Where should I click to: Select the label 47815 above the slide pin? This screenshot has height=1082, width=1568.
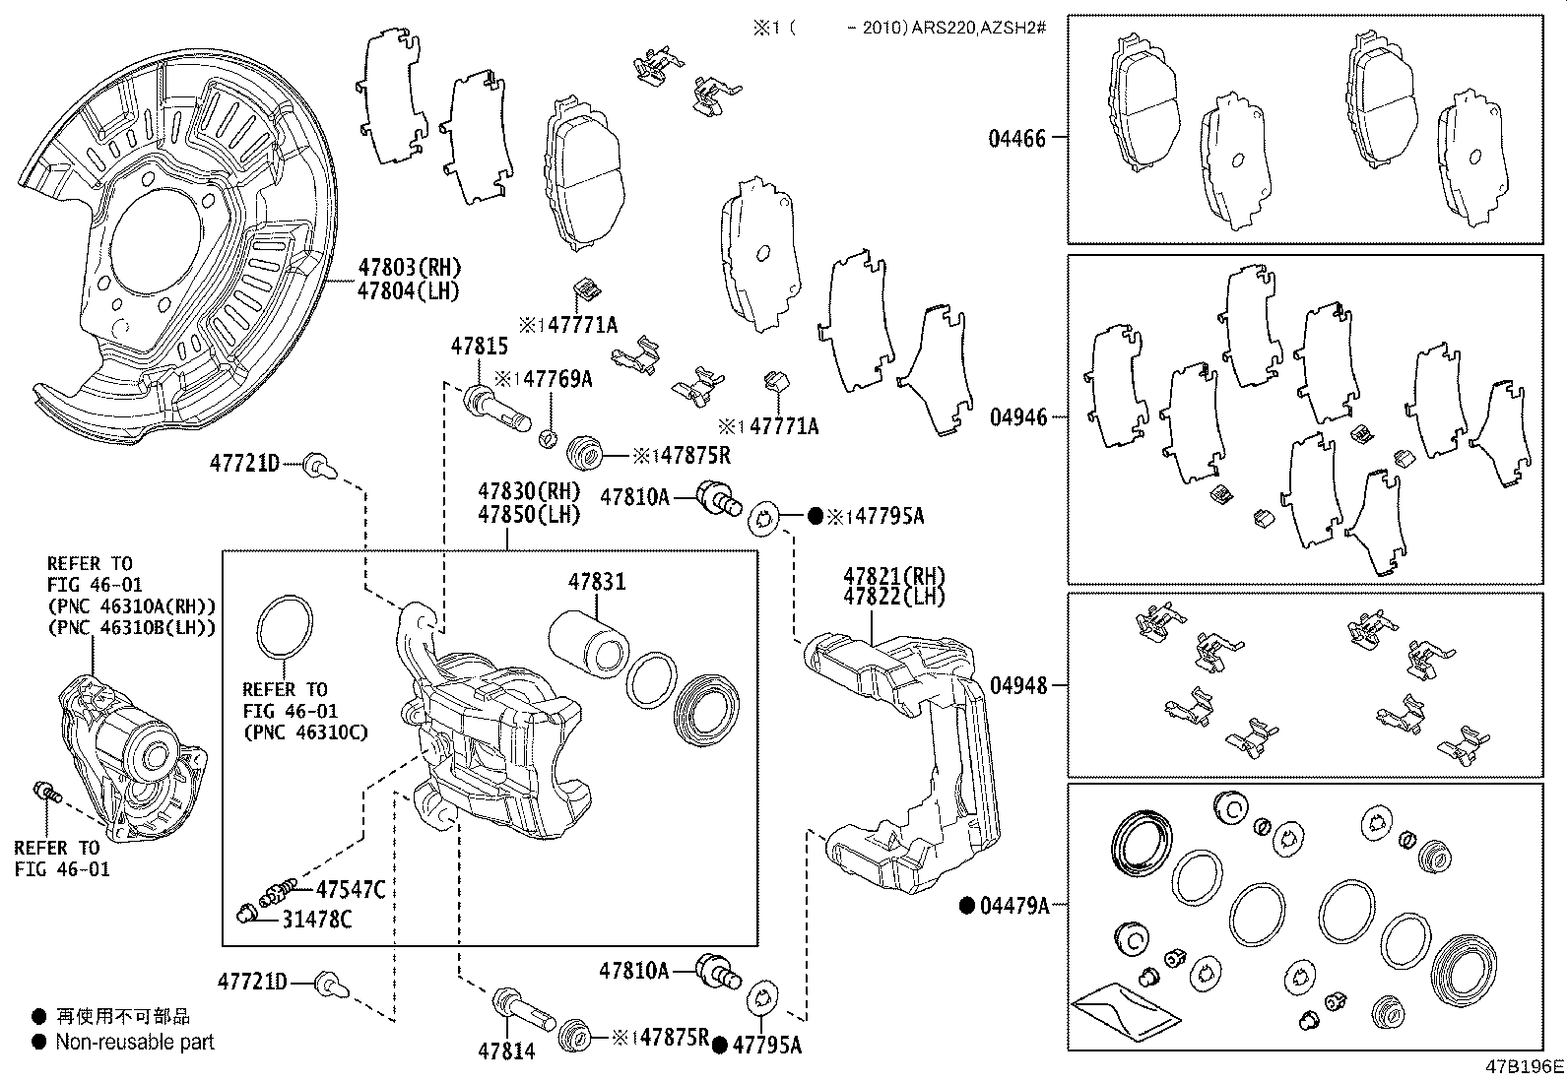pos(480,347)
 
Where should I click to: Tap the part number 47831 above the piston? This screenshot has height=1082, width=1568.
pos(596,582)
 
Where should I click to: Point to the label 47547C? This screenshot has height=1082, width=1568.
pos(350,890)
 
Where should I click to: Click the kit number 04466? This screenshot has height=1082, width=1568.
pos(1017,138)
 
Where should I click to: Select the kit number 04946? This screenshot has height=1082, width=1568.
pos(1017,417)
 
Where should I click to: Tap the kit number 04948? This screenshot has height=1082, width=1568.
pos(1017,685)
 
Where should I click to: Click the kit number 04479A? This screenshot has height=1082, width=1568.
pos(1014,905)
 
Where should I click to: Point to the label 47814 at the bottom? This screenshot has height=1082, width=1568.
pos(507,1051)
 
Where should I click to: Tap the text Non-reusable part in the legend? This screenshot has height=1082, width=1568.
pos(135,1042)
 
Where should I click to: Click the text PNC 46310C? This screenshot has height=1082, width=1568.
pos(305,732)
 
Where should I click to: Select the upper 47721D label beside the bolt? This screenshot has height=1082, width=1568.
pos(244,463)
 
